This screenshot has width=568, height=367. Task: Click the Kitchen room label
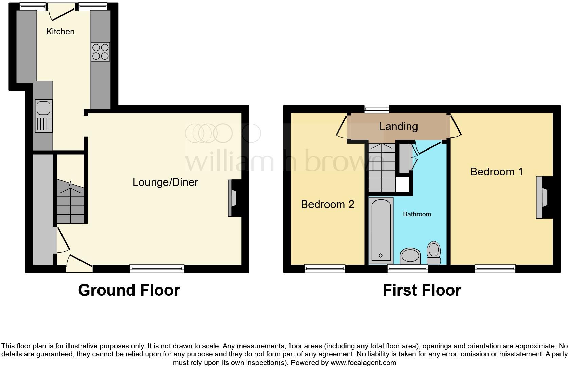[x=60, y=32]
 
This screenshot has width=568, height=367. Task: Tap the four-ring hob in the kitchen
[x=100, y=52]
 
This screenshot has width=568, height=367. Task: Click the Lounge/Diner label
[x=165, y=182]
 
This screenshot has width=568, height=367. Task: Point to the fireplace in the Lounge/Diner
[x=233, y=198]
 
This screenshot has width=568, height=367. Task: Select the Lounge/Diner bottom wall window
[x=157, y=269]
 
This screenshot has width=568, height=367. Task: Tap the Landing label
[x=398, y=127]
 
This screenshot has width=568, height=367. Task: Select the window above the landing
[x=376, y=109]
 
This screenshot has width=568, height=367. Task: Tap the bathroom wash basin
[x=410, y=256]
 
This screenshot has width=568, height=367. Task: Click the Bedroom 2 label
[x=327, y=204]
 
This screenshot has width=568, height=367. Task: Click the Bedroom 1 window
[x=495, y=269]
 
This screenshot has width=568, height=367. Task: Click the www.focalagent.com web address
[x=363, y=363]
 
